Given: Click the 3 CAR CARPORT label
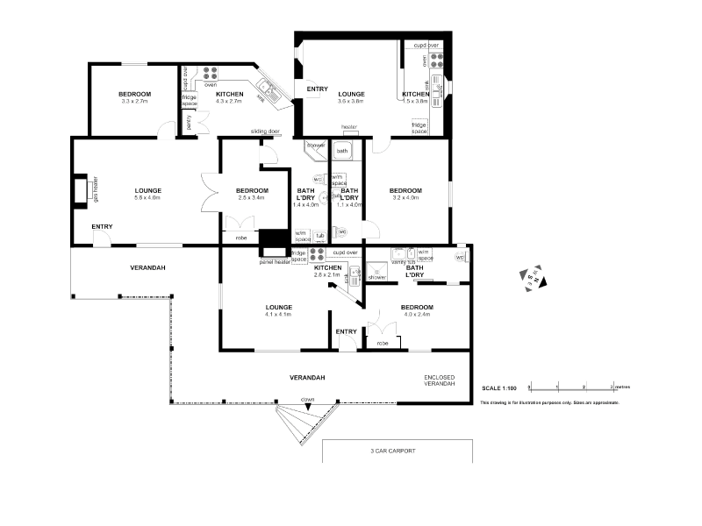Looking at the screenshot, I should pos(392,451).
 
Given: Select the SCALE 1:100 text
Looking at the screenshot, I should pos(499,387).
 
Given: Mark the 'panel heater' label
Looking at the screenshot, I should pos(275,261).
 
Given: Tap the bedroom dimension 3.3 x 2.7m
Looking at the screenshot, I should pos(135,102).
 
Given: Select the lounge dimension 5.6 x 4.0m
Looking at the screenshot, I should pos(147,198).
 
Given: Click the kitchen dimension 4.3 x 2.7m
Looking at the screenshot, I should pos(229,102).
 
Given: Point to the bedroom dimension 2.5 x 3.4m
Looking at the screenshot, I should pos(252,198).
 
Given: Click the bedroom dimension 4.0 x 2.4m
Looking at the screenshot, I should pos(415,315).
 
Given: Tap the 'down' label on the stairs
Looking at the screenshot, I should pos(308,399).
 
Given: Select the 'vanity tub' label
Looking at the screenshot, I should pos(402,262).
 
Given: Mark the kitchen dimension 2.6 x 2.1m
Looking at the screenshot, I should pos(333,275).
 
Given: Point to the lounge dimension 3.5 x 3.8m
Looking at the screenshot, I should pos(351,102).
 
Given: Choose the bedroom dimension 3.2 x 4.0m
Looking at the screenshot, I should pos(405,198).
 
